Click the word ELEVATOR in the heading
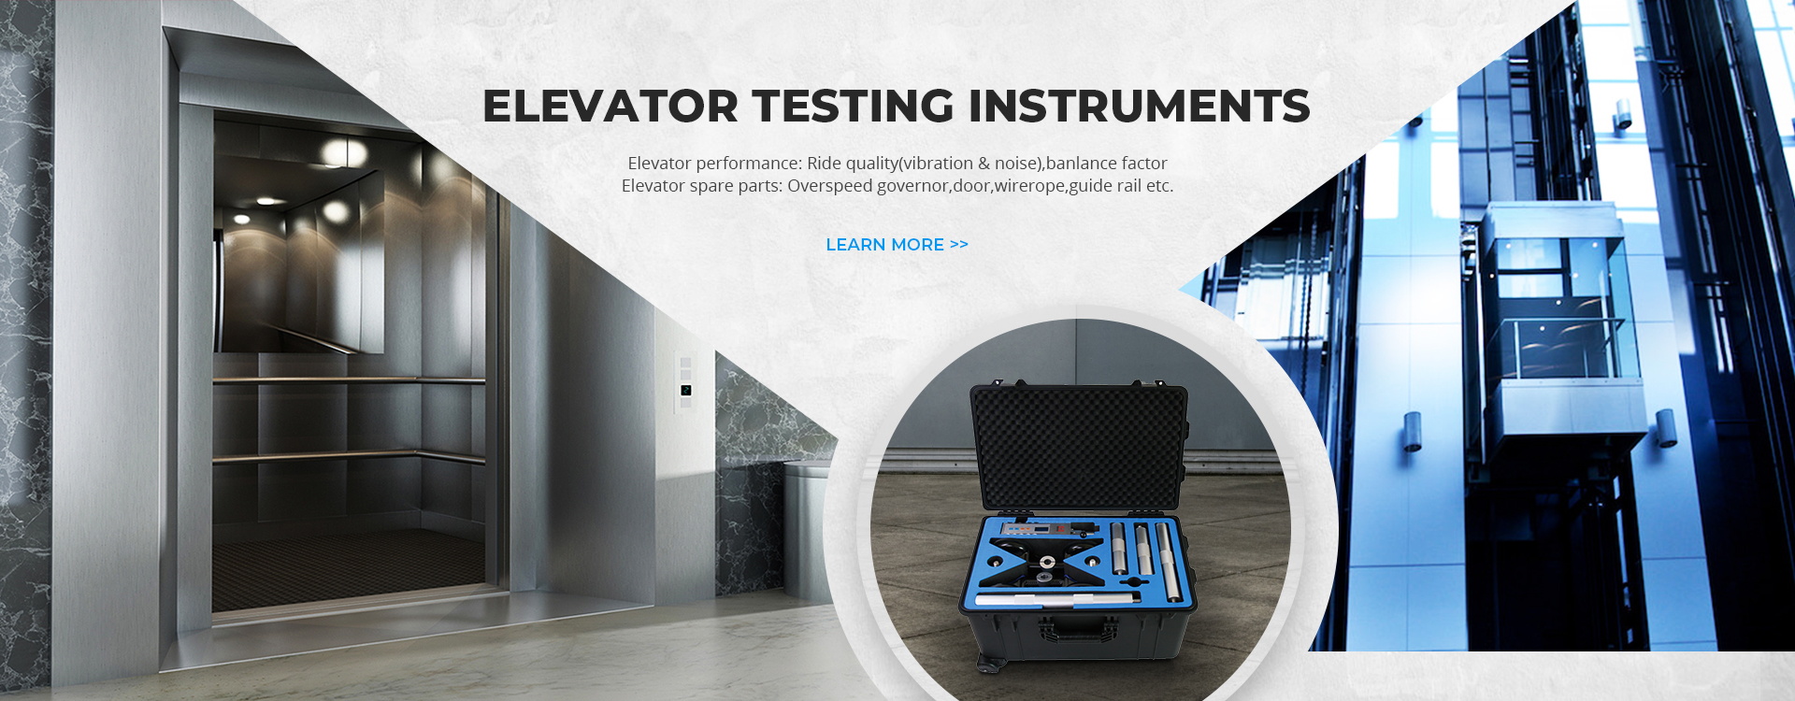tap(610, 107)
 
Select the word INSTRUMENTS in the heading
tap(1139, 107)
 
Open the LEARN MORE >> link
tap(897, 245)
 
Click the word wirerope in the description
tap(1029, 186)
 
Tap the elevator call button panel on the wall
tap(685, 381)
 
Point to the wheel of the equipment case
tap(987, 664)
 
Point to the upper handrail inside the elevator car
tap(348, 380)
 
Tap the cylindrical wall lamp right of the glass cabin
tap(1665, 427)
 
